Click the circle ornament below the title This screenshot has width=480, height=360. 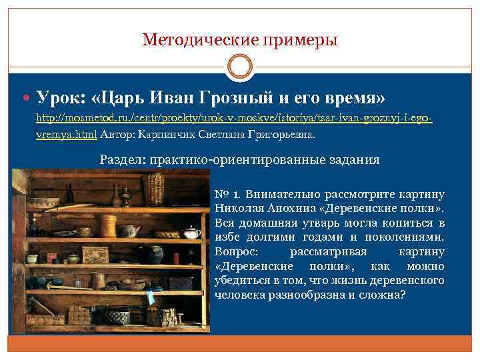click(240, 67)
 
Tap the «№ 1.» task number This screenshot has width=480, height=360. click(227, 195)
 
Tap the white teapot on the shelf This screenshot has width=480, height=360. click(191, 233)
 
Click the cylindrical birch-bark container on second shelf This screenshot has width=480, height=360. click(108, 227)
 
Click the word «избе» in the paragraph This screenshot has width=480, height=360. click(227, 238)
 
